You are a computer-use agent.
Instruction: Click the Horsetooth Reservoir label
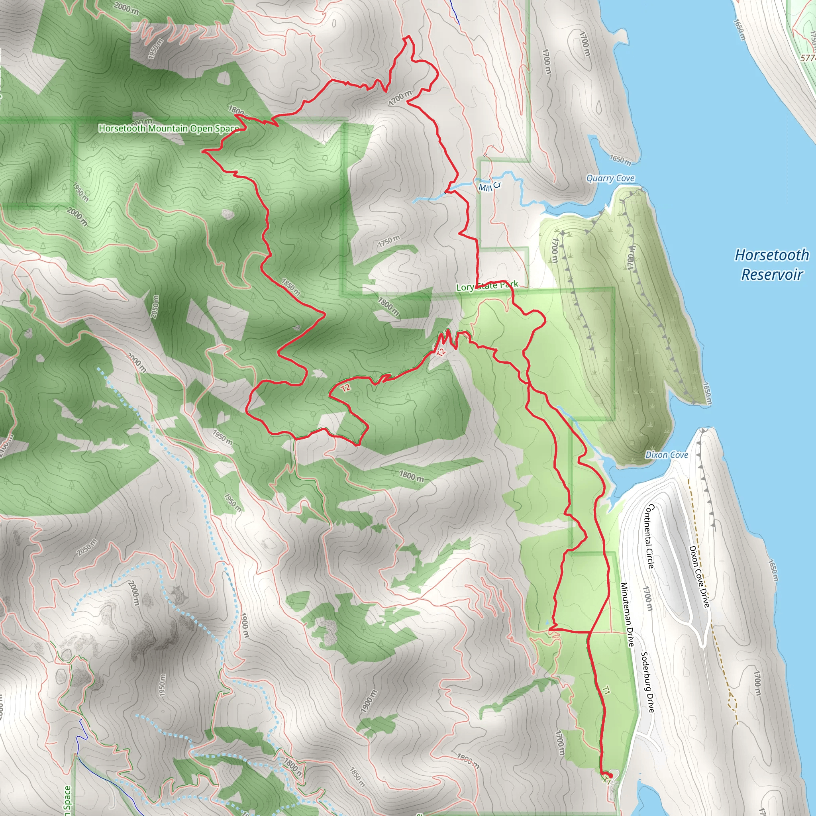pos(772,265)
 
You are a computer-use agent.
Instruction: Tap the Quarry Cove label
pos(610,178)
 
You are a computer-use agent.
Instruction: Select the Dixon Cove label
pos(667,455)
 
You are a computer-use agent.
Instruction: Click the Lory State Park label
pos(487,286)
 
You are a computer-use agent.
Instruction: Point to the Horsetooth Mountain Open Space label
pos(169,128)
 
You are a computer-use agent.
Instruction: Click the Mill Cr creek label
pos(490,186)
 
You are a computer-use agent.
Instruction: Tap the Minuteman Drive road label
pos(627,614)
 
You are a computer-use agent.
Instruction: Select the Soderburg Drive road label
pos(647,682)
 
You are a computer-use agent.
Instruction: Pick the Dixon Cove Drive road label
pos(699,577)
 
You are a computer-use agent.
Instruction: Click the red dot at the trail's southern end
pos(610,776)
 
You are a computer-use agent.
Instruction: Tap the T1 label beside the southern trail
pos(606,690)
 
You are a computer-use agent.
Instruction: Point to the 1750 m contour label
pos(388,241)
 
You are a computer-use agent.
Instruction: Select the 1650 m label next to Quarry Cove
pos(620,160)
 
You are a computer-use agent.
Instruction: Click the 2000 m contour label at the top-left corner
pos(126,8)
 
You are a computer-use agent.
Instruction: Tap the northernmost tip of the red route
pos(408,37)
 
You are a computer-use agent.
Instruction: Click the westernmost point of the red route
pos(203,150)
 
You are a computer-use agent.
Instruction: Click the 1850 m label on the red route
pos(290,287)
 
